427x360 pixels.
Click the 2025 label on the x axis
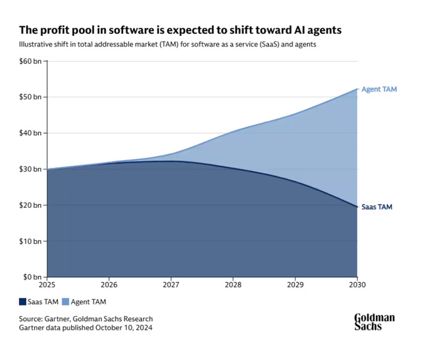point(47,285)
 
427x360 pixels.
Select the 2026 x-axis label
point(109,285)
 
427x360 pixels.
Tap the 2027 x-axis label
point(171,285)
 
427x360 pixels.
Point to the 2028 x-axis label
point(234,285)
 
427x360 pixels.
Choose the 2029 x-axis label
point(295,285)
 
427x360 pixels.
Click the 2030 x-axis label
point(357,285)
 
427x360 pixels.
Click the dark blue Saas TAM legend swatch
point(23,302)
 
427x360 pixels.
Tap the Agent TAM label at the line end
point(379,89)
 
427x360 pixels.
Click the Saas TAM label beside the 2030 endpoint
point(377,207)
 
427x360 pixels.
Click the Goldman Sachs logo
point(374,322)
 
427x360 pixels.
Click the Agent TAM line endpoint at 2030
point(357,89)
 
